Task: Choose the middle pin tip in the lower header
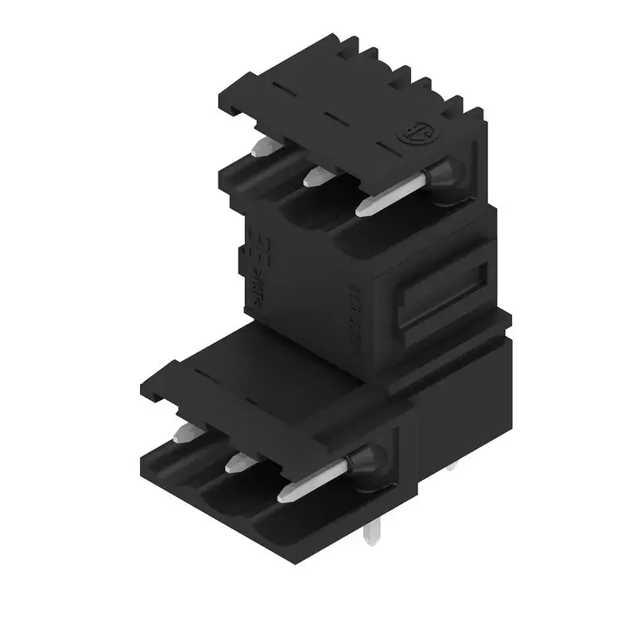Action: (237, 463)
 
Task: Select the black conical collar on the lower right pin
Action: (365, 464)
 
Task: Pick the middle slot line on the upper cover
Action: (332, 117)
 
